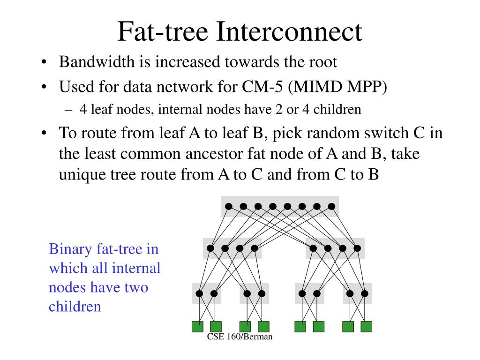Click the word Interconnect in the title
[x=289, y=32]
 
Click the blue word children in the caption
[x=75, y=307]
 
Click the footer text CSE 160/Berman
[x=240, y=337]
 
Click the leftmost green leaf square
[x=197, y=326]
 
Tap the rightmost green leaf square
[x=366, y=326]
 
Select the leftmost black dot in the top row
[x=229, y=206]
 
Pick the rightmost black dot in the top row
[x=331, y=206]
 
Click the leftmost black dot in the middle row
[x=210, y=248]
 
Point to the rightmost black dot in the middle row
[x=357, y=248]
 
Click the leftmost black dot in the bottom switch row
[x=199, y=294]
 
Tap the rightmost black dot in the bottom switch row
[x=364, y=294]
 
